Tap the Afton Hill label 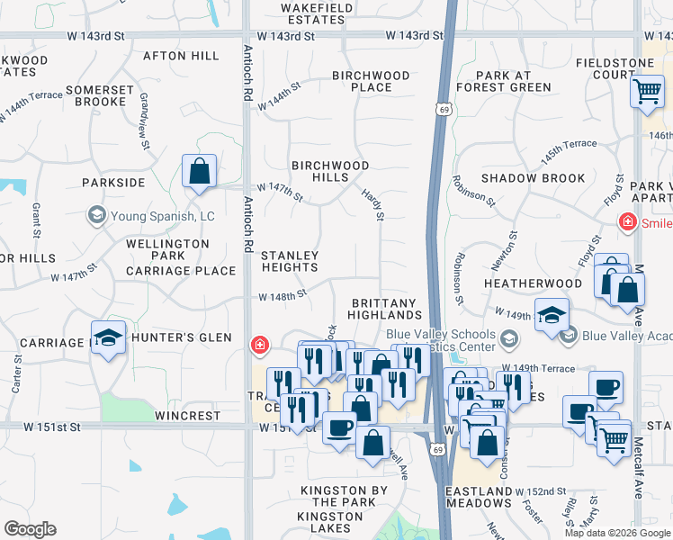click(181, 56)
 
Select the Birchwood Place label click(371, 81)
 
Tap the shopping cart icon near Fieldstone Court click(647, 91)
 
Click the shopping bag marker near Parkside click(199, 170)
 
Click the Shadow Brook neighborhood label click(533, 178)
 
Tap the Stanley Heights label click(290, 261)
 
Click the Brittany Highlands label click(386, 309)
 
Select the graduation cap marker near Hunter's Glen click(109, 337)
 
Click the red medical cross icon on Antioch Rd click(259, 344)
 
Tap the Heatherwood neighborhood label click(533, 283)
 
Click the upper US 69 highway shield click(444, 109)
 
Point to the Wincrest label click(187, 417)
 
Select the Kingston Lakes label click(329, 523)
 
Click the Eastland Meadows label click(479, 497)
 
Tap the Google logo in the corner click(30, 529)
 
